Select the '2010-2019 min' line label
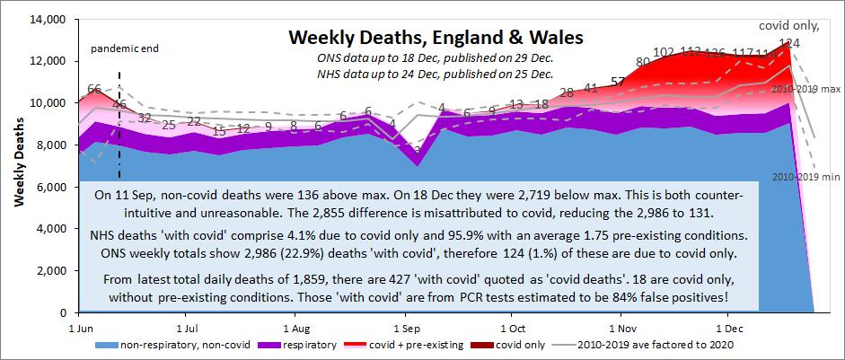pyautogui.click(x=804, y=176)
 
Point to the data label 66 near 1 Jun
pyautogui.click(x=93, y=90)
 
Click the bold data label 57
pyautogui.click(x=618, y=82)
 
